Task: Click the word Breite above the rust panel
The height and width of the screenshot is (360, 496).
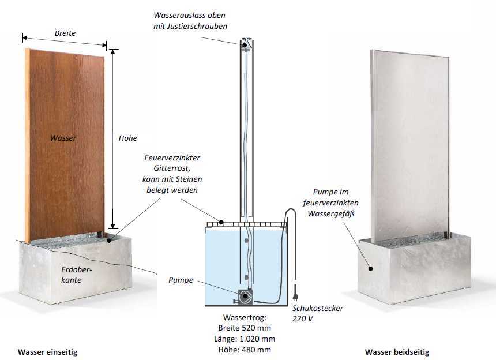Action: coord(65,33)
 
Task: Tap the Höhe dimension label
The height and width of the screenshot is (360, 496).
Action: coord(128,138)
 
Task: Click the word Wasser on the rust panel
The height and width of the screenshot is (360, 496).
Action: coord(63,138)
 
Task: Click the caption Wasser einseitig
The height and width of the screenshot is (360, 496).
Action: coord(47,352)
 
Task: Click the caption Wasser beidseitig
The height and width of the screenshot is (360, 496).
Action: coord(397,352)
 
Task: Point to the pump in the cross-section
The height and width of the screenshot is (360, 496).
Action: coord(245,297)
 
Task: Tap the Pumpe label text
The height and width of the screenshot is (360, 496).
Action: coord(181,280)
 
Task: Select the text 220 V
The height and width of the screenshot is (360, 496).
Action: coord(302,318)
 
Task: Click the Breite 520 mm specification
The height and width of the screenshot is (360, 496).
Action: coord(245,328)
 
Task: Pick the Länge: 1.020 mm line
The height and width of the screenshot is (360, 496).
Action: coord(245,339)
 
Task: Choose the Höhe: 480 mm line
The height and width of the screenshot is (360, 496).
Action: coord(245,350)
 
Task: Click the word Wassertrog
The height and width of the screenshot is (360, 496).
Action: coord(245,317)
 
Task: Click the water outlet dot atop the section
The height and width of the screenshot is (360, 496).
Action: coord(245,45)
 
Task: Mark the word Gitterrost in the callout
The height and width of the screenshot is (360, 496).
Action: coord(172,168)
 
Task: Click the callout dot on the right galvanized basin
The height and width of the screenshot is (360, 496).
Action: coord(370,269)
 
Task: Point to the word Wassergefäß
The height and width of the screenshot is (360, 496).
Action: coord(331,214)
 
